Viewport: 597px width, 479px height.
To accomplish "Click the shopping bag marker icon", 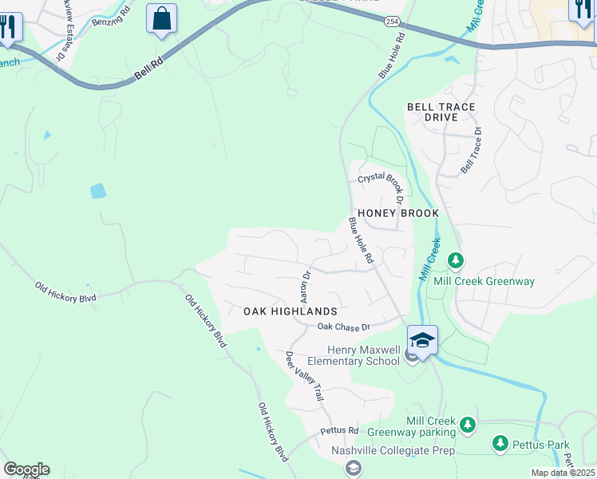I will point(161,18).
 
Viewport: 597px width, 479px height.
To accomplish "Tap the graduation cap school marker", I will point(422,341).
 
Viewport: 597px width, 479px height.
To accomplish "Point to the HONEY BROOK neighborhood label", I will point(398,214).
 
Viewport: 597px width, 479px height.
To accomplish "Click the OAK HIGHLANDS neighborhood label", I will point(291,311).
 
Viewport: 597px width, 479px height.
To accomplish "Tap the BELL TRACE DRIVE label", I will point(441,112).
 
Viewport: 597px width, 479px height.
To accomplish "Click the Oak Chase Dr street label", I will point(344,327).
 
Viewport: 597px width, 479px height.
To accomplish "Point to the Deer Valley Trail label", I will point(304,375).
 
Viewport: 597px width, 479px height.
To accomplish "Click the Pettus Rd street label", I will point(339,430).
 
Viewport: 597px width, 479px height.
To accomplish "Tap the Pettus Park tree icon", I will point(500,443).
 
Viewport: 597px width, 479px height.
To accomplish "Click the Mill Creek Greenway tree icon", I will point(456,260).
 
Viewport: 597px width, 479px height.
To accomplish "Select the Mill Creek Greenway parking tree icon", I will point(468,425).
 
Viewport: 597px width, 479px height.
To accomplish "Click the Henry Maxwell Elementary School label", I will point(363,355).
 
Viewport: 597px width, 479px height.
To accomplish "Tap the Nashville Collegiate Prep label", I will point(393,450).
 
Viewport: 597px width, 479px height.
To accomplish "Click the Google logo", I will point(26,469).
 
